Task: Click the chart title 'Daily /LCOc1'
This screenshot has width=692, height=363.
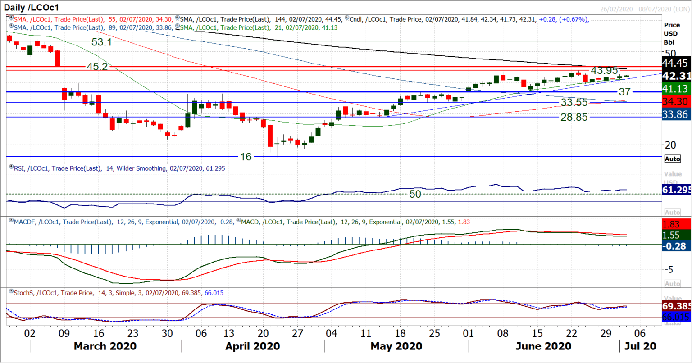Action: tap(32, 8)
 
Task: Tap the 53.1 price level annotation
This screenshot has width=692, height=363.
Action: tap(101, 42)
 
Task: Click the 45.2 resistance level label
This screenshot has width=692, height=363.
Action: tap(97, 66)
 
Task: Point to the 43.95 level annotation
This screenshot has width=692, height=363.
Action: tap(604, 70)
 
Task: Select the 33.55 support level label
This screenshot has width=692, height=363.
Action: tap(574, 103)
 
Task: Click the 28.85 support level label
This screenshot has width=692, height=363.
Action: tap(574, 117)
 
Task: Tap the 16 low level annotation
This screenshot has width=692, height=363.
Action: tap(246, 157)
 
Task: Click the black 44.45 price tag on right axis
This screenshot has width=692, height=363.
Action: tap(677, 63)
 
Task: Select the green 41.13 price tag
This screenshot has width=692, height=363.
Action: tap(677, 89)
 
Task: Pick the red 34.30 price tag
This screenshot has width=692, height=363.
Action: tap(677, 102)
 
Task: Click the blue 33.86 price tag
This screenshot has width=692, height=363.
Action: tap(677, 114)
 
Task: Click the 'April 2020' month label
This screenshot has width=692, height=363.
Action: tap(253, 346)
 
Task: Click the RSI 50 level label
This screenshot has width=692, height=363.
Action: tap(415, 194)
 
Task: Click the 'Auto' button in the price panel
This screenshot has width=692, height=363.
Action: tap(672, 159)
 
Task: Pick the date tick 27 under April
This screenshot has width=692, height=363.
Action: tap(297, 334)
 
